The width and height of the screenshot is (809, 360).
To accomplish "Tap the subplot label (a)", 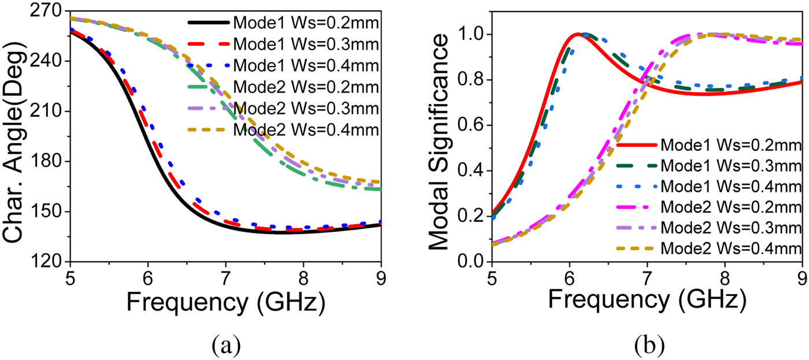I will coord(224,345).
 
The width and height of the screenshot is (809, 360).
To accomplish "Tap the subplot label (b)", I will coord(649,345).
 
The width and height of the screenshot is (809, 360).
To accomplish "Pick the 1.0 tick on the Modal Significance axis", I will coord(472,34).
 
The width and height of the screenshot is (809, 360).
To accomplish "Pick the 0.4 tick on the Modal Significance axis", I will coord(472,171).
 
